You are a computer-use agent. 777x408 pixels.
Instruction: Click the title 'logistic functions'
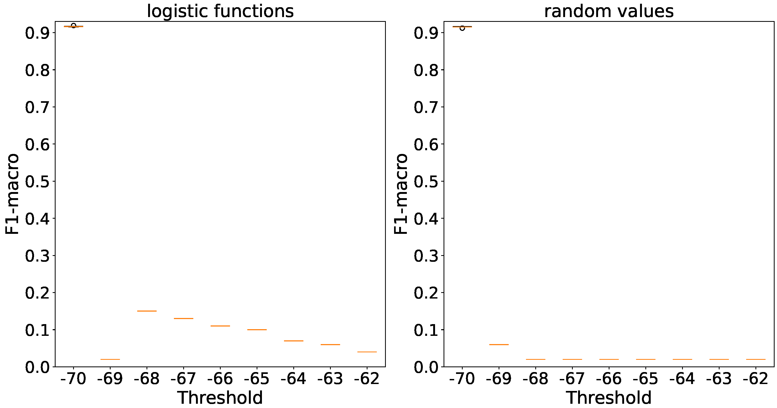tap(220, 11)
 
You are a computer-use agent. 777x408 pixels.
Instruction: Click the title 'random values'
tap(609, 11)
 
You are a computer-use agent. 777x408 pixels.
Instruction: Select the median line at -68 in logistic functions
tap(147, 311)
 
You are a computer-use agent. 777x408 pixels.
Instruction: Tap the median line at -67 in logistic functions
tap(184, 318)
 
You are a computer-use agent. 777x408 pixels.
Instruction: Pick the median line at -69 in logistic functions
tap(110, 359)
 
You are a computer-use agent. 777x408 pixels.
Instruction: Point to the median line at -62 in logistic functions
tap(367, 352)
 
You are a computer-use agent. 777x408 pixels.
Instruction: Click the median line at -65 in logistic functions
tap(257, 329)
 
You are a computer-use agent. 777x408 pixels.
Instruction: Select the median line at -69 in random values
tap(499, 344)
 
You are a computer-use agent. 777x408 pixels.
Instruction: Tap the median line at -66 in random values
tap(609, 359)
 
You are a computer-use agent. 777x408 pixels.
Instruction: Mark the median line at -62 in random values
tap(756, 359)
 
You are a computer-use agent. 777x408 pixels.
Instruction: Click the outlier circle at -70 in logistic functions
tap(73, 25)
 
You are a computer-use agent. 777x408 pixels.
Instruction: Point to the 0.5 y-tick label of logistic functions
tap(37, 182)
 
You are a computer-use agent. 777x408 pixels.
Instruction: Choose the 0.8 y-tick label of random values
tap(426, 70)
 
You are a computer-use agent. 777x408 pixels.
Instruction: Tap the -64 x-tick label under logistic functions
tap(294, 379)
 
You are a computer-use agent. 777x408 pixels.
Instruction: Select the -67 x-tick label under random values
tap(572, 379)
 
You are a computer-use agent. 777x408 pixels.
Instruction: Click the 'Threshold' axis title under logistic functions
tap(220, 398)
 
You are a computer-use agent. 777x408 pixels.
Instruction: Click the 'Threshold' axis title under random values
tap(609, 398)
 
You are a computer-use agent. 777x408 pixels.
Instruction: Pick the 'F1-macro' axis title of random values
tap(401, 194)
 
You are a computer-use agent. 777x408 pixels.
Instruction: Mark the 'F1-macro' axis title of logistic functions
tap(12, 194)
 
